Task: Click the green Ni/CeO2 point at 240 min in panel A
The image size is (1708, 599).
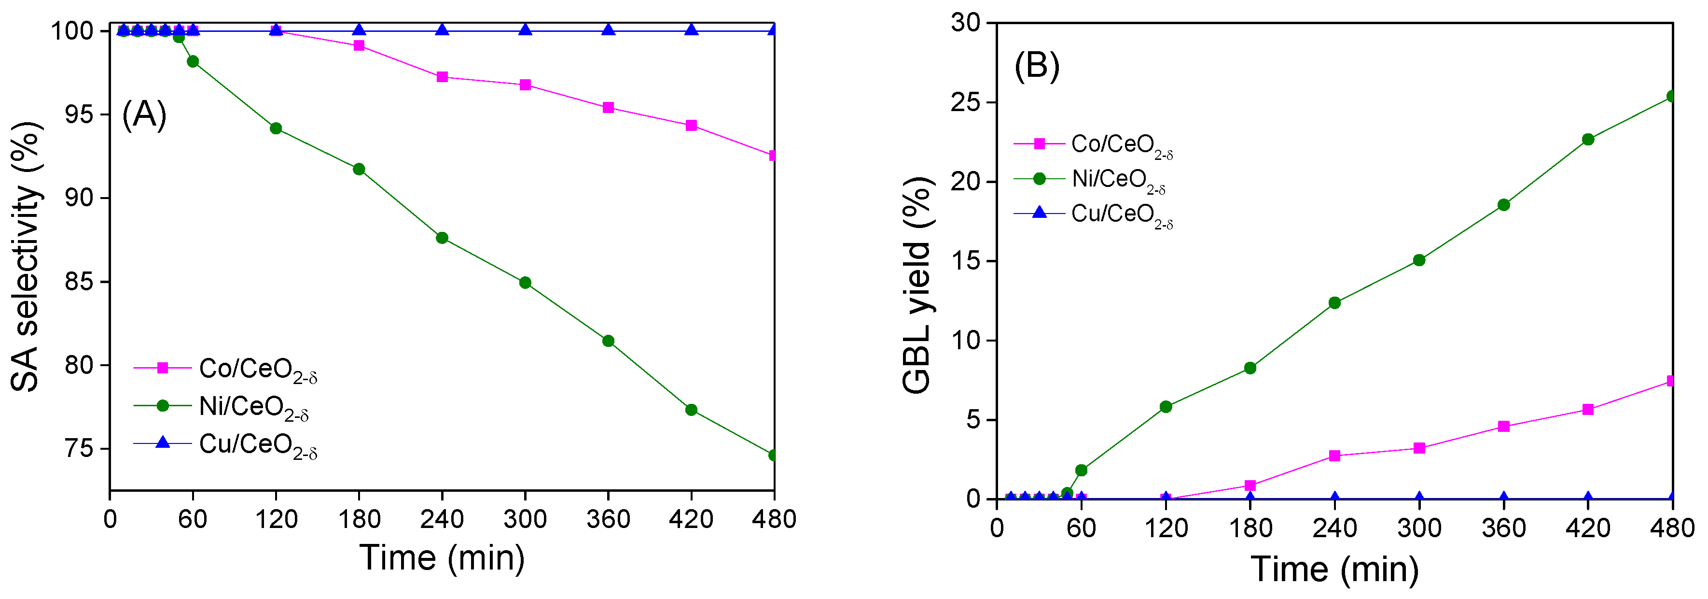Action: (442, 238)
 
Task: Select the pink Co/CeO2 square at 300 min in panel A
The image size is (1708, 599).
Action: (525, 85)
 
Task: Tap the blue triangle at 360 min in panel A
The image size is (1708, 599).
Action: (608, 30)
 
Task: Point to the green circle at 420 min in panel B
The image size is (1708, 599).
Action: (1588, 139)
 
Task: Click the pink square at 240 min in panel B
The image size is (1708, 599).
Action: (1335, 456)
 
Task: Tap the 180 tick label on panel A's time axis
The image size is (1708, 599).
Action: (360, 519)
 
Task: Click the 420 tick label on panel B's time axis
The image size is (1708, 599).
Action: (1588, 528)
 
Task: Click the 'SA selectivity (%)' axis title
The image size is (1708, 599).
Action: (27, 257)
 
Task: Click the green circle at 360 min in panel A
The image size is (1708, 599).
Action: (608, 341)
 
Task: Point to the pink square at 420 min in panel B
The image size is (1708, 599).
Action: (1588, 409)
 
